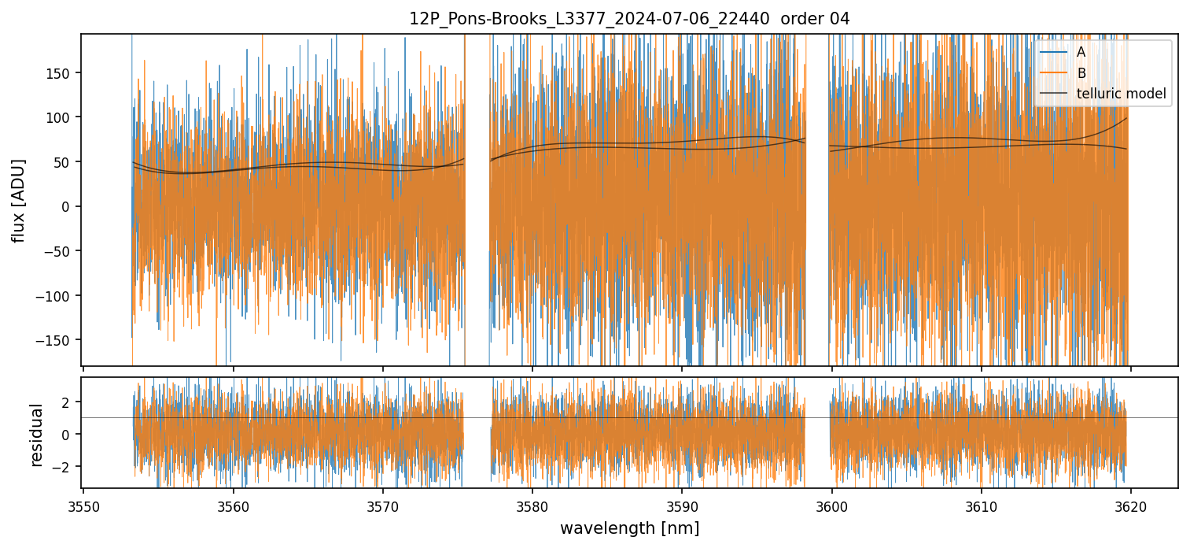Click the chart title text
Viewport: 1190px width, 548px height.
click(x=629, y=19)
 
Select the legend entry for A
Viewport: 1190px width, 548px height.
click(x=1081, y=52)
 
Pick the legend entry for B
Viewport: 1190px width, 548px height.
click(x=1081, y=73)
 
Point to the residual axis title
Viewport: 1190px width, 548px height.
click(x=36, y=434)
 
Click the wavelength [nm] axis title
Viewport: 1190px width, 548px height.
click(x=629, y=528)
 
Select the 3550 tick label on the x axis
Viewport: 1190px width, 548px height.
click(x=84, y=505)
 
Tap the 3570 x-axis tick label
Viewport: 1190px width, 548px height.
click(x=383, y=505)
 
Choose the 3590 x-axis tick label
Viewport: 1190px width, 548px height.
click(x=682, y=505)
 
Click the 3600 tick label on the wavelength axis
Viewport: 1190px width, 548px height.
click(x=832, y=505)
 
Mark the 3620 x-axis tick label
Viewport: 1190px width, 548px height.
click(x=1131, y=505)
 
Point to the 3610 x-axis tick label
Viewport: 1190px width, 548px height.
click(x=982, y=505)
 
